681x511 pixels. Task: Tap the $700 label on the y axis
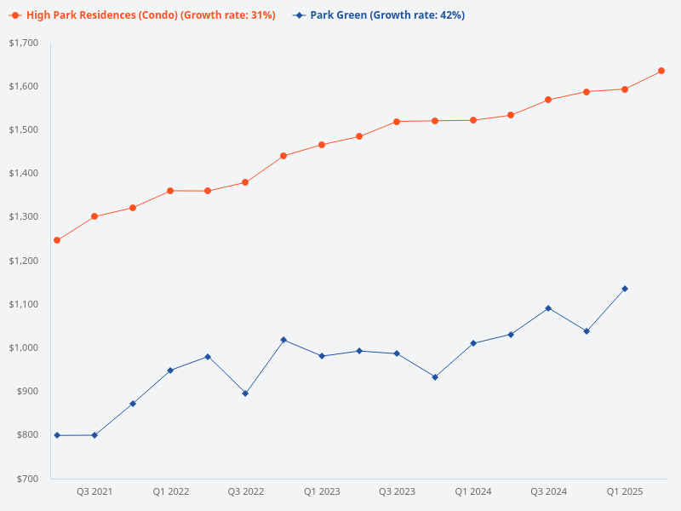click(x=26, y=479)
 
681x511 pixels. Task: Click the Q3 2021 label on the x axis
click(x=94, y=491)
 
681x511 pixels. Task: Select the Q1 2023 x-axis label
click(x=322, y=491)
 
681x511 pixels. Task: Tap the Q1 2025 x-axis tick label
click(x=625, y=491)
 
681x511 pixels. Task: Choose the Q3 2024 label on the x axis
click(x=549, y=491)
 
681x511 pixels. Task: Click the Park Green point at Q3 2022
click(x=245, y=393)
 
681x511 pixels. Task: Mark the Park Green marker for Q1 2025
click(x=625, y=289)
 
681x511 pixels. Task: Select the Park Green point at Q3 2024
click(x=548, y=308)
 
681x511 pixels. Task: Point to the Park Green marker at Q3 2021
click(x=94, y=435)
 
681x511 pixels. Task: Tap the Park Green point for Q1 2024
click(x=473, y=343)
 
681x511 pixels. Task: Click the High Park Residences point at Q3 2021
click(x=94, y=216)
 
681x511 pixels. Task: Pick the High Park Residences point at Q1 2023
click(x=322, y=145)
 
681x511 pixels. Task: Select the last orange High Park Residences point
click(x=661, y=71)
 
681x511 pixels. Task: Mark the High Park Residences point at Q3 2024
click(x=548, y=100)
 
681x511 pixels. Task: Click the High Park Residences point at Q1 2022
click(x=170, y=191)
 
